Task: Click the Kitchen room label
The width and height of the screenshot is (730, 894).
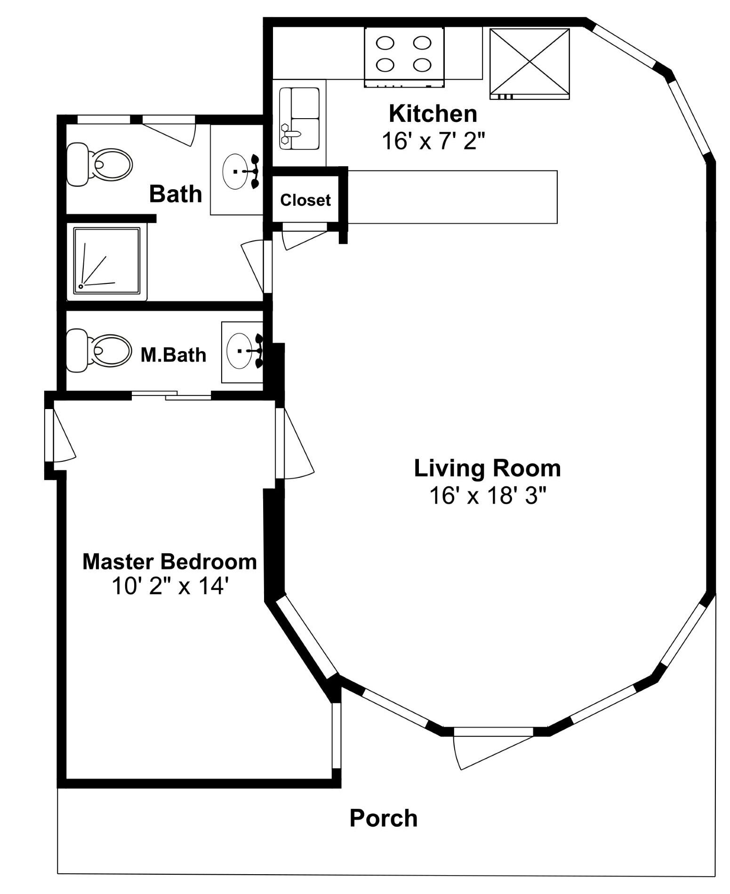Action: (x=433, y=114)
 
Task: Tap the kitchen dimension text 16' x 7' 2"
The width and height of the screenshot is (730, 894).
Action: (x=433, y=140)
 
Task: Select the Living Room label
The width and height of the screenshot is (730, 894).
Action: (x=487, y=468)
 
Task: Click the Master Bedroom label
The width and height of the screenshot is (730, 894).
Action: (x=169, y=562)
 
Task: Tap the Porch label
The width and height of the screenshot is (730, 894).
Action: (x=383, y=818)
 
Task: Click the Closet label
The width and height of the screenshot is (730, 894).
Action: (x=305, y=200)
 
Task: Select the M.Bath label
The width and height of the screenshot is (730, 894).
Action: (x=173, y=355)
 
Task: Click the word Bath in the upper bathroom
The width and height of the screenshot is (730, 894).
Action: (x=176, y=194)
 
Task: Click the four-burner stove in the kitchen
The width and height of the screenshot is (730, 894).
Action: (x=404, y=57)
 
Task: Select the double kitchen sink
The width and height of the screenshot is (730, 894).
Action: (x=299, y=119)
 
